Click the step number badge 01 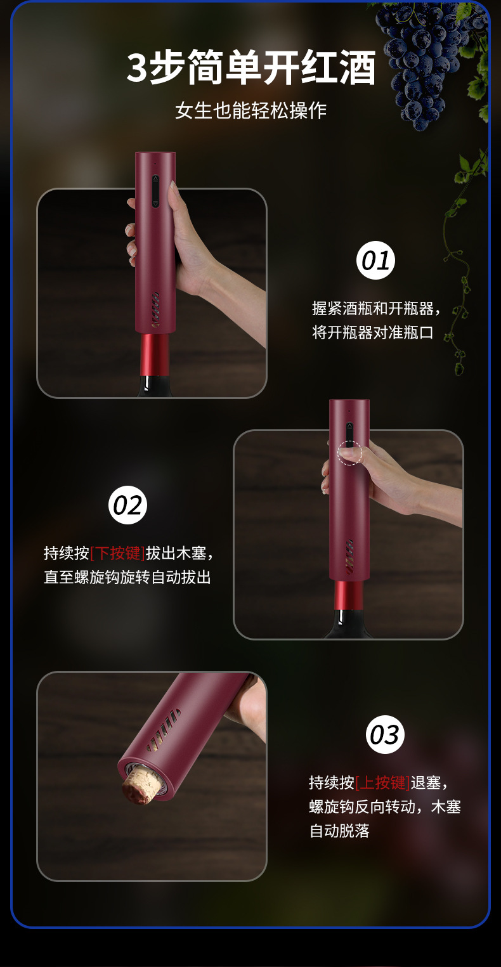375,261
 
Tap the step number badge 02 128,505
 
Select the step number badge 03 385,734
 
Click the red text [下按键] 117,553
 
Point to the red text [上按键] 382,782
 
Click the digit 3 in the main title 138,68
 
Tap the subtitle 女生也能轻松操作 251,110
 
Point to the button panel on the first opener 155,191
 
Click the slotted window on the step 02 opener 349,556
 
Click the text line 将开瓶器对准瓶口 372,332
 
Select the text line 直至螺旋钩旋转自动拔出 127,577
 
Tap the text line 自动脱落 339,831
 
